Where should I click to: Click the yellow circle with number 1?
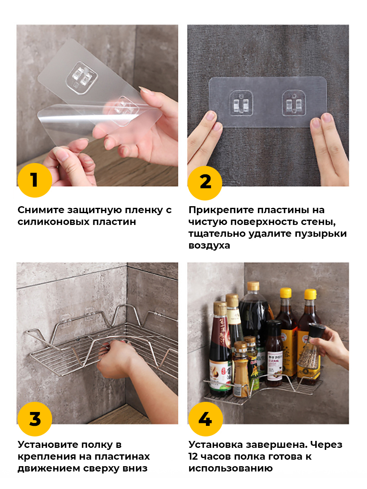click(35, 180)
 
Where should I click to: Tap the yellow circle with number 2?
click(205, 183)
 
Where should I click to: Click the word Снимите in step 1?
click(41, 210)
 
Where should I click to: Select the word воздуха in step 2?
click(209, 246)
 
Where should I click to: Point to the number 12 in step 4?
click(193, 456)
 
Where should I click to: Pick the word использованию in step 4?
click(230, 469)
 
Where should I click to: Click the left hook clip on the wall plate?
click(241, 103)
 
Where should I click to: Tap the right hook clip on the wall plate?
click(294, 103)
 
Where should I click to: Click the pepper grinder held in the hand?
click(311, 347)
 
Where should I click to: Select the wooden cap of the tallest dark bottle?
click(253, 286)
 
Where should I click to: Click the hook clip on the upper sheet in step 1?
click(82, 78)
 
